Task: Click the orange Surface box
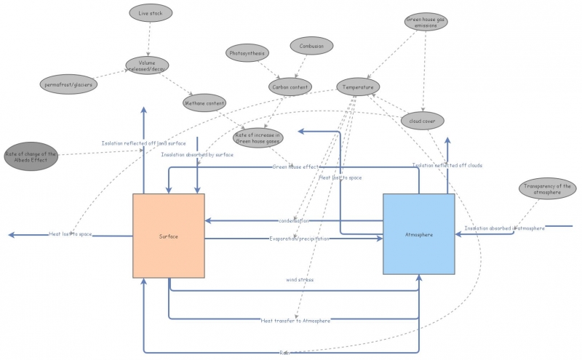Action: point(168,236)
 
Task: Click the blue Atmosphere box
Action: point(418,234)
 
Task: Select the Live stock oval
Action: point(151,13)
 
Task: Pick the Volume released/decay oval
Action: point(148,65)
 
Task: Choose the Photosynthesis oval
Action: point(247,53)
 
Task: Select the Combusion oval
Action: point(311,46)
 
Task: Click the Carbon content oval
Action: point(290,87)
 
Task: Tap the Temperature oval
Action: point(359,87)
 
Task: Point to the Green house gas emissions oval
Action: point(426,22)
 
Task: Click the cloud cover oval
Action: point(422,120)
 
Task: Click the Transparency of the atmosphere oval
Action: point(544,189)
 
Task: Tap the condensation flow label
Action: point(293,220)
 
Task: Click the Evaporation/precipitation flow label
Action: point(299,239)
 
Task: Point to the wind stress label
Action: point(299,279)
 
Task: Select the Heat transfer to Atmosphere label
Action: point(295,320)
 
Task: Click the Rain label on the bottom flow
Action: point(284,353)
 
